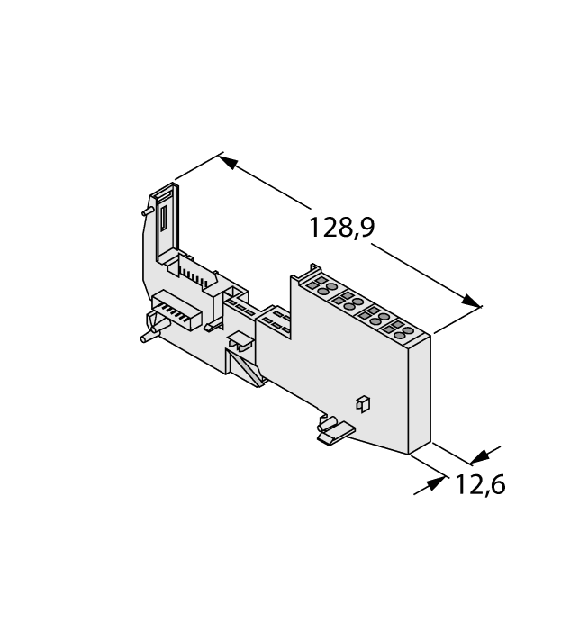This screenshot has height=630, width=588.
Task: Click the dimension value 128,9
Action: click(x=341, y=228)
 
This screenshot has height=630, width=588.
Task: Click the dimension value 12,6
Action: click(x=479, y=485)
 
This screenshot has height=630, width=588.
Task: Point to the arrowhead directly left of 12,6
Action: click(x=436, y=483)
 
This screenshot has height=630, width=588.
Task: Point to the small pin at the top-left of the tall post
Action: click(x=144, y=211)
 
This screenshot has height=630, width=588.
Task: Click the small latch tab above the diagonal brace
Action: click(x=240, y=341)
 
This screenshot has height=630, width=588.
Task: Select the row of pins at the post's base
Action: click(x=194, y=269)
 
